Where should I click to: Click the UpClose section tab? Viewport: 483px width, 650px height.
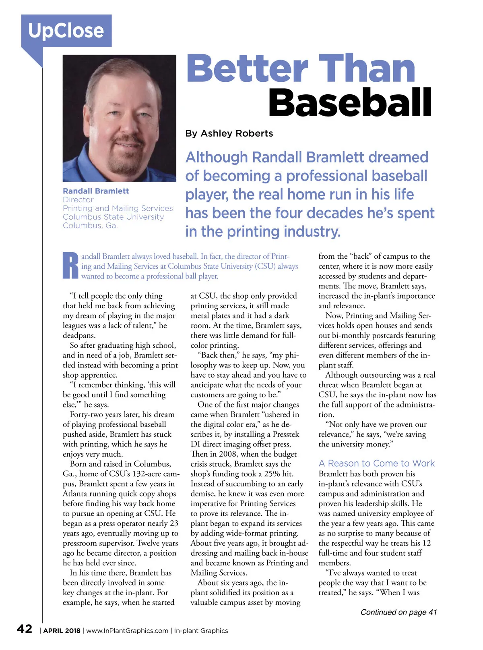pyautogui.click(x=66, y=31)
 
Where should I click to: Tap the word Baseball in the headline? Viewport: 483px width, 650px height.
pyautogui.click(x=350, y=102)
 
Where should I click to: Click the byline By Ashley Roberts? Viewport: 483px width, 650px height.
pyautogui.click(x=229, y=133)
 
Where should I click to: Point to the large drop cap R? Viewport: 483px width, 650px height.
pyautogui.click(x=71, y=266)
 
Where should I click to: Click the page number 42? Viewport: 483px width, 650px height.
pyautogui.click(x=24, y=629)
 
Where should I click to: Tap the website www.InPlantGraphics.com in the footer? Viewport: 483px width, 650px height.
pyautogui.click(x=127, y=631)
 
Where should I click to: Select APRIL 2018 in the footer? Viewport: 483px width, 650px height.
pyautogui.click(x=62, y=631)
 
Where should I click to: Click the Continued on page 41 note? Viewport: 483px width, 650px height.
pyautogui.click(x=398, y=612)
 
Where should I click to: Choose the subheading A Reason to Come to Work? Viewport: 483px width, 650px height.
pyautogui.click(x=376, y=463)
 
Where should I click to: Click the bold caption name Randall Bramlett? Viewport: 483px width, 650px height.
pyautogui.click(x=96, y=191)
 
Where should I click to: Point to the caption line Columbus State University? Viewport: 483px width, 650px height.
pyautogui.click(x=113, y=217)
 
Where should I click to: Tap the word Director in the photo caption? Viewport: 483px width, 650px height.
pyautogui.click(x=78, y=199)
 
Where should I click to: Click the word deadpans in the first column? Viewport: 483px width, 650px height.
pyautogui.click(x=79, y=335)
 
